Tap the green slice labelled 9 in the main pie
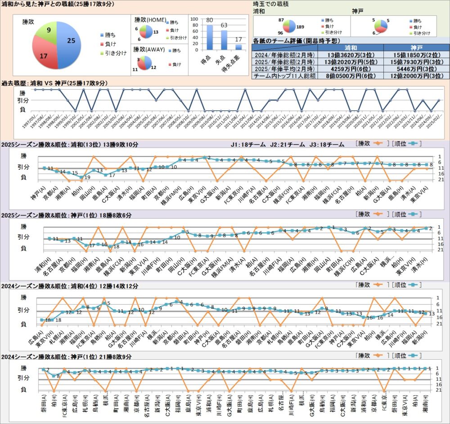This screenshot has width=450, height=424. [x=49, y=31]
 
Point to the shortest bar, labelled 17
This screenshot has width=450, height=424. [x=238, y=47]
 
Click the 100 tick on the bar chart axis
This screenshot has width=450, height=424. [x=194, y=19]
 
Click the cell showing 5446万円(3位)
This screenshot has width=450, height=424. [x=417, y=70]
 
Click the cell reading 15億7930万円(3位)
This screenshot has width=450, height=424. [x=417, y=63]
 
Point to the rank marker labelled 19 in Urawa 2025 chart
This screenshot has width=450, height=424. [x=81, y=177]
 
